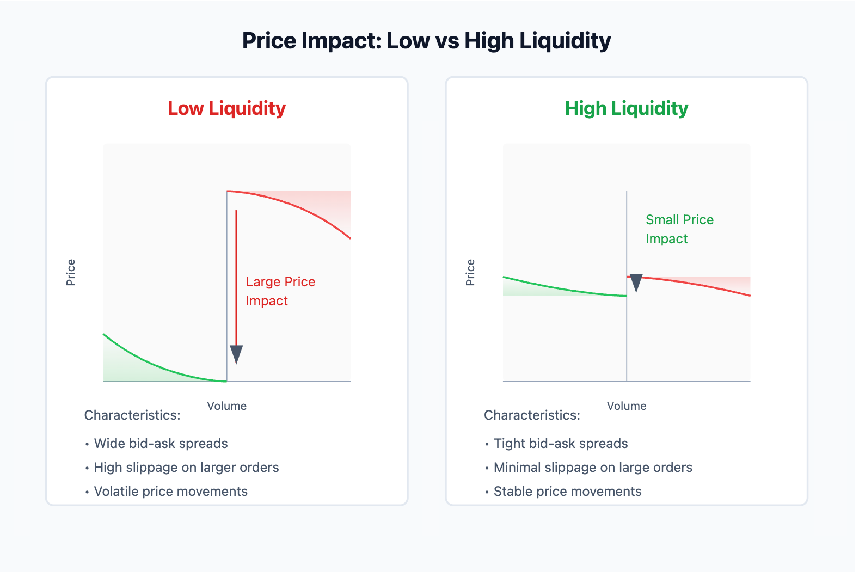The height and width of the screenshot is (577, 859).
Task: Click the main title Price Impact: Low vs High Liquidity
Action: tap(426, 41)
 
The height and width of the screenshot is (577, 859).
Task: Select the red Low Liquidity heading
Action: tap(226, 108)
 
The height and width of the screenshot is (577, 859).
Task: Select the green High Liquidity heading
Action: tap(626, 108)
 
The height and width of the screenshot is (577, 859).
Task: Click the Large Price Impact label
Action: tap(280, 291)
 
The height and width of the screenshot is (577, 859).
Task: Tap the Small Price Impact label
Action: tap(679, 229)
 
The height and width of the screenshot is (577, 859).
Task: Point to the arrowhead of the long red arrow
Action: tap(236, 354)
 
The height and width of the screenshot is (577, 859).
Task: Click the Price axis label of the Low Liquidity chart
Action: tap(71, 272)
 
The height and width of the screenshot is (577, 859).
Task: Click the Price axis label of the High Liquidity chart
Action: tap(470, 272)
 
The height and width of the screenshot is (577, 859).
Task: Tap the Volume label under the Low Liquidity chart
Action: tap(226, 406)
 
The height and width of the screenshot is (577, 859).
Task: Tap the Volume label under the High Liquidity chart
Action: tap(626, 406)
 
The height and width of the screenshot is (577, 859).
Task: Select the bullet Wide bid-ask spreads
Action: tap(161, 444)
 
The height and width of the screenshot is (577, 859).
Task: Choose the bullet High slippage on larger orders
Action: tap(186, 468)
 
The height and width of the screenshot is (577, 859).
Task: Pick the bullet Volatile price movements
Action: tap(170, 492)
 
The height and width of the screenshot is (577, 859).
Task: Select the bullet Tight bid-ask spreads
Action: tap(560, 444)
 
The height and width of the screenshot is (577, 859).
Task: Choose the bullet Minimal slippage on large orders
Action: tap(592, 468)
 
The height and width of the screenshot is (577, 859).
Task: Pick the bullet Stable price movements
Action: tap(567, 492)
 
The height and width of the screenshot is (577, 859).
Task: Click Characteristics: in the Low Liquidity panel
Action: tap(132, 415)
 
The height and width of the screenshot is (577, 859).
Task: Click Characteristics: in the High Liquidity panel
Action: tap(532, 415)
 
